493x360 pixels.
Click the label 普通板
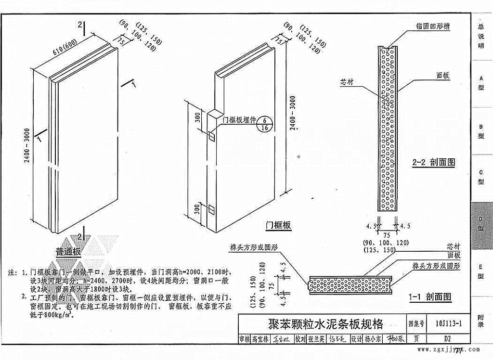69,251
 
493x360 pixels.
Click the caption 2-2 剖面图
433,163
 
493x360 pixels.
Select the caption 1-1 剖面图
430,297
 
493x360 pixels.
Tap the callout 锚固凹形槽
433,27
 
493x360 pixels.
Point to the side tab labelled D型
480,224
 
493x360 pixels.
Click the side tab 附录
480,321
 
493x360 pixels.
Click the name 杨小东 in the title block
373,339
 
